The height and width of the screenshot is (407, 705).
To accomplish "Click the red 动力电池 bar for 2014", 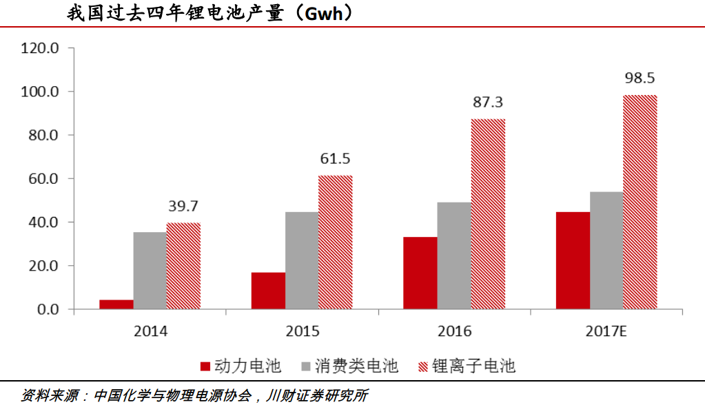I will click(x=116, y=304).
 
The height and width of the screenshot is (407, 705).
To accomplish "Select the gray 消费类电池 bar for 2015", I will click(x=302, y=260).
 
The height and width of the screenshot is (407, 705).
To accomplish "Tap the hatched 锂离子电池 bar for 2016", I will click(x=488, y=213).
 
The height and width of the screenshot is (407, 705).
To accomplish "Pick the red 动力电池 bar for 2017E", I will click(x=573, y=260).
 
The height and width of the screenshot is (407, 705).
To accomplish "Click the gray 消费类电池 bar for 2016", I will click(x=454, y=255).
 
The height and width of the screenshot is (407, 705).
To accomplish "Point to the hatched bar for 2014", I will click(x=183, y=266).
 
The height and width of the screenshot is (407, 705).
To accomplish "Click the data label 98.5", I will click(x=639, y=78).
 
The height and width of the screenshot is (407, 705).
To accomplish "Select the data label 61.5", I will click(x=335, y=159).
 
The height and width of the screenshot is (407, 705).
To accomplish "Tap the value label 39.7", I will click(x=183, y=206).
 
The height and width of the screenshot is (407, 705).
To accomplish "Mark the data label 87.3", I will click(x=488, y=103).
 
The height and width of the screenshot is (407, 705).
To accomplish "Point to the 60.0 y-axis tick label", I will click(x=43, y=179).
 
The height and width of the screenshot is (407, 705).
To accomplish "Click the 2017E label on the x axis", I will click(x=606, y=331).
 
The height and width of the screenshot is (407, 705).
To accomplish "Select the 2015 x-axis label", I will click(x=302, y=331).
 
